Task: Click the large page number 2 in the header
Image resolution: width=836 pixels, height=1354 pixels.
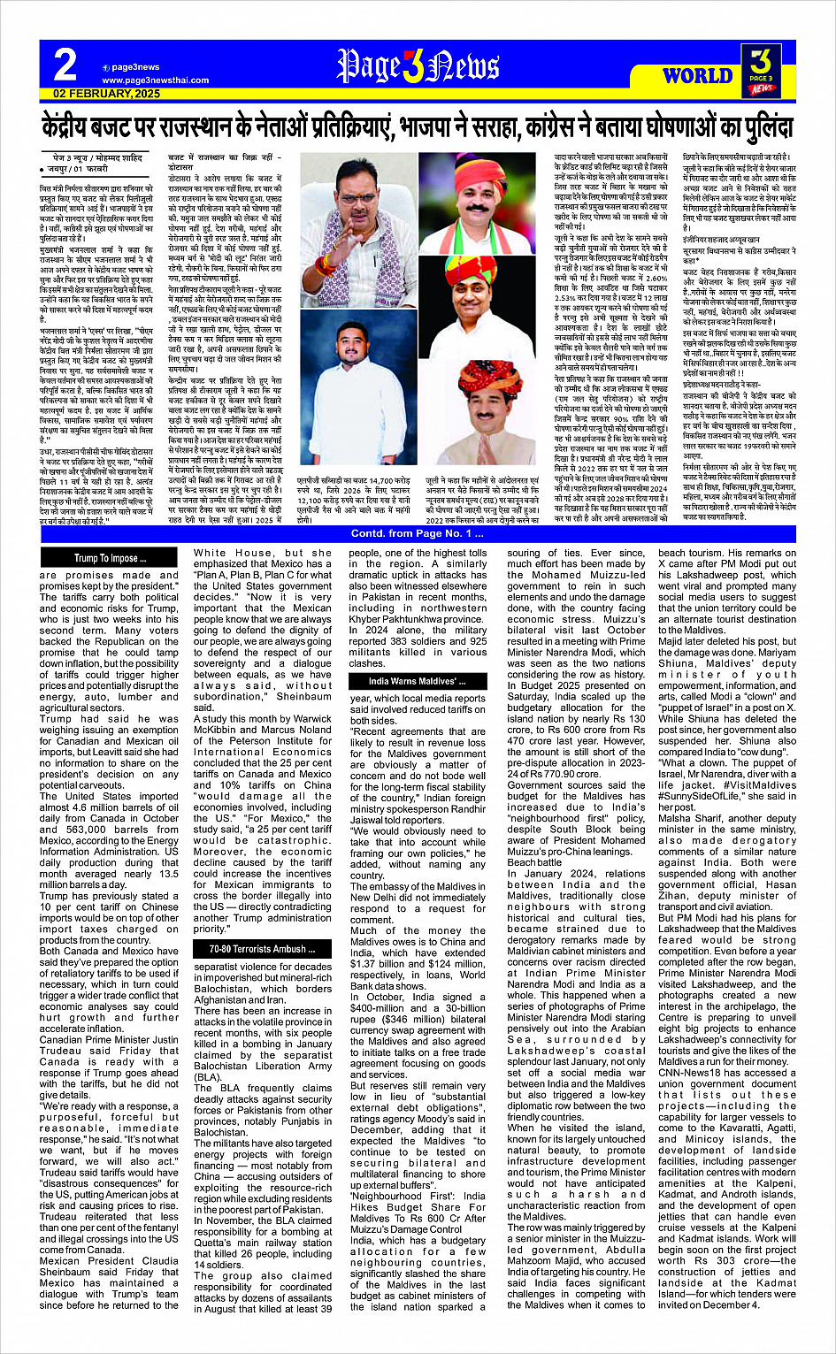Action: (x=65, y=66)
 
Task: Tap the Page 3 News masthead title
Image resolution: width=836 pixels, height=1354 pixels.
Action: (x=418, y=67)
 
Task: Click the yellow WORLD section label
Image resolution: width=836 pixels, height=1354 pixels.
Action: (x=697, y=75)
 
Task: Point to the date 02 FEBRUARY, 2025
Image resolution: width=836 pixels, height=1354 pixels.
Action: (x=107, y=93)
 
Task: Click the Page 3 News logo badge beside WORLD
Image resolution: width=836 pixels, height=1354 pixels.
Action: (x=762, y=69)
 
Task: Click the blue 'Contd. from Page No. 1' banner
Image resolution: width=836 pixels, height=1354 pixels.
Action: (x=417, y=533)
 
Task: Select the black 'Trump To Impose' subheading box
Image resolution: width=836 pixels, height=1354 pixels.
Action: (x=111, y=558)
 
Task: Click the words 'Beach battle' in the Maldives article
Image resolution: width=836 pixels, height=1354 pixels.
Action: (x=534, y=862)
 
